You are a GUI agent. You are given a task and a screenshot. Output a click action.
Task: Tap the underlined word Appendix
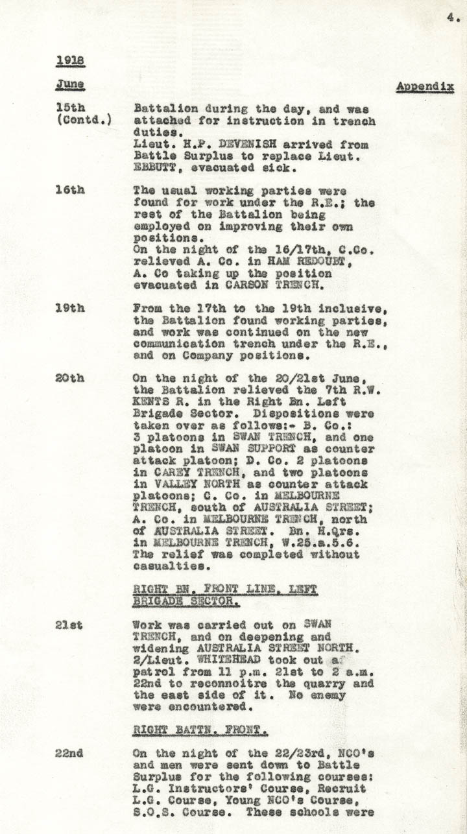click(x=424, y=86)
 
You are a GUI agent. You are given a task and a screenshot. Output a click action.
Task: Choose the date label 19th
click(x=69, y=308)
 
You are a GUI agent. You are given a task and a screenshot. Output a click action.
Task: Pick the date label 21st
click(x=69, y=625)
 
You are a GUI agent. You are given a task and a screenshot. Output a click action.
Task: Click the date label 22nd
click(x=69, y=754)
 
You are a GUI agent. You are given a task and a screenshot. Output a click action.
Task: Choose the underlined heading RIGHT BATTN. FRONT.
click(x=200, y=730)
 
